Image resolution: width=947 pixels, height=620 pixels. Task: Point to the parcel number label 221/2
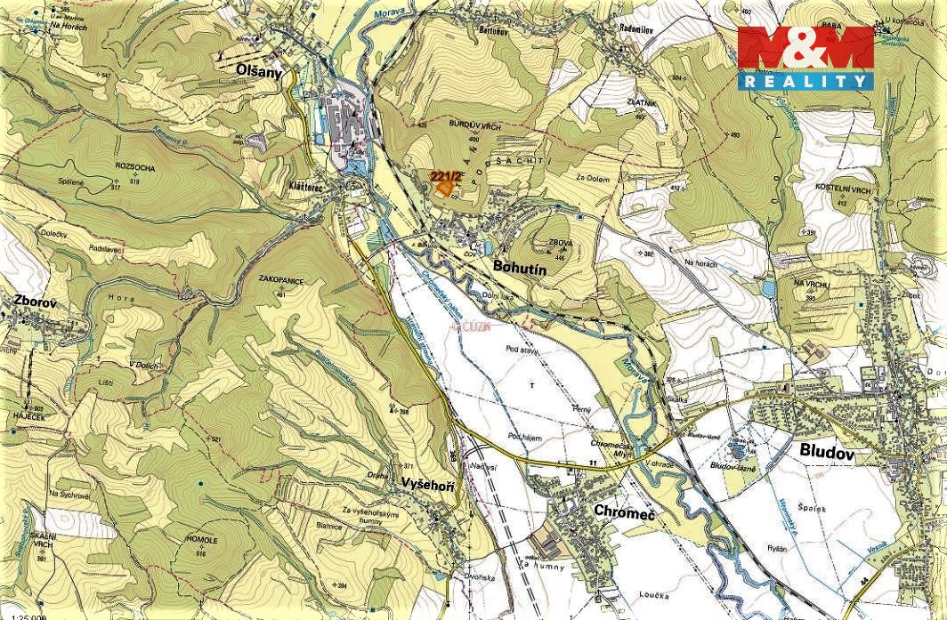point(444,176)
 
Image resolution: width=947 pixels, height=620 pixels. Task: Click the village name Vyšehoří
point(429,481)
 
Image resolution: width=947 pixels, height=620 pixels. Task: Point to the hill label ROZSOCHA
point(134,167)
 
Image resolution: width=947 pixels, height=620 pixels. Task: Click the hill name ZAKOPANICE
point(281,280)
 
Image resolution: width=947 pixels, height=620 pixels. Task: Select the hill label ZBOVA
point(561,240)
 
